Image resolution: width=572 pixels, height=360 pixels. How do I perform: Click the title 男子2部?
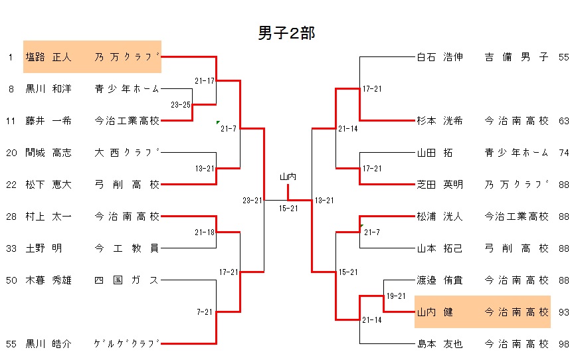pos(286,34)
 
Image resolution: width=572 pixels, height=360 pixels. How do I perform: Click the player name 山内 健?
pos(434,312)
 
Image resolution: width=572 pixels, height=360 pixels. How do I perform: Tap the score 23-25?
pos(181,105)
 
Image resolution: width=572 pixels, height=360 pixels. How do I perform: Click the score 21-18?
pos(205,232)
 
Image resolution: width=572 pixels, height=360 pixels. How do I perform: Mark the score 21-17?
pos(205,81)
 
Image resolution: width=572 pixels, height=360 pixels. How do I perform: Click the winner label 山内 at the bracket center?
pos(288,177)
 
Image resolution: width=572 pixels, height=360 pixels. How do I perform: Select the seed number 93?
pos(563,312)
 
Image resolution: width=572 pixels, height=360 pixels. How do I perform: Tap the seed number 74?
pos(563,153)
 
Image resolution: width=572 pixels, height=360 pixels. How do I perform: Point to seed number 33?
pos(11,248)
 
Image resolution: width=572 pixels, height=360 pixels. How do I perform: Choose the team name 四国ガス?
pos(127,280)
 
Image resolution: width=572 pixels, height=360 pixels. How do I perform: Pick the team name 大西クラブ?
pos(127,153)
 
